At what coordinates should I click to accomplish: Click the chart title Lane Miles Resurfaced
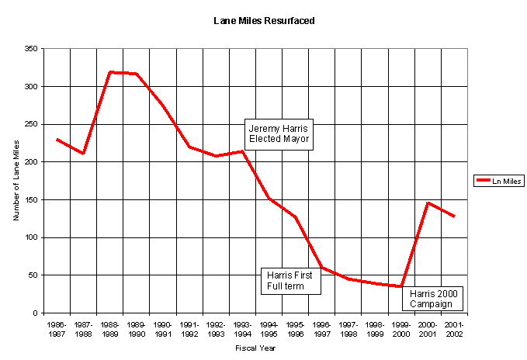[264, 21]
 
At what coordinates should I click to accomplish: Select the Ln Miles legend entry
[498, 181]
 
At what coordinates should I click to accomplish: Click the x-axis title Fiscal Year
[255, 348]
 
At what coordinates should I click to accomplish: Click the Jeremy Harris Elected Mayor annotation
[279, 134]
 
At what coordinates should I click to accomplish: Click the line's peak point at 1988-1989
[110, 72]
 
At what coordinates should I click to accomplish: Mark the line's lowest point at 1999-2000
[401, 286]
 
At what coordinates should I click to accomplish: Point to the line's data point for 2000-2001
[428, 202]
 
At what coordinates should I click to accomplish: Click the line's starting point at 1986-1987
[57, 140]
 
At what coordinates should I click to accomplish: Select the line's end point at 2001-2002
[455, 216]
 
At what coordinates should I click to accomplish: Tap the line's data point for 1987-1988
[83, 154]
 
